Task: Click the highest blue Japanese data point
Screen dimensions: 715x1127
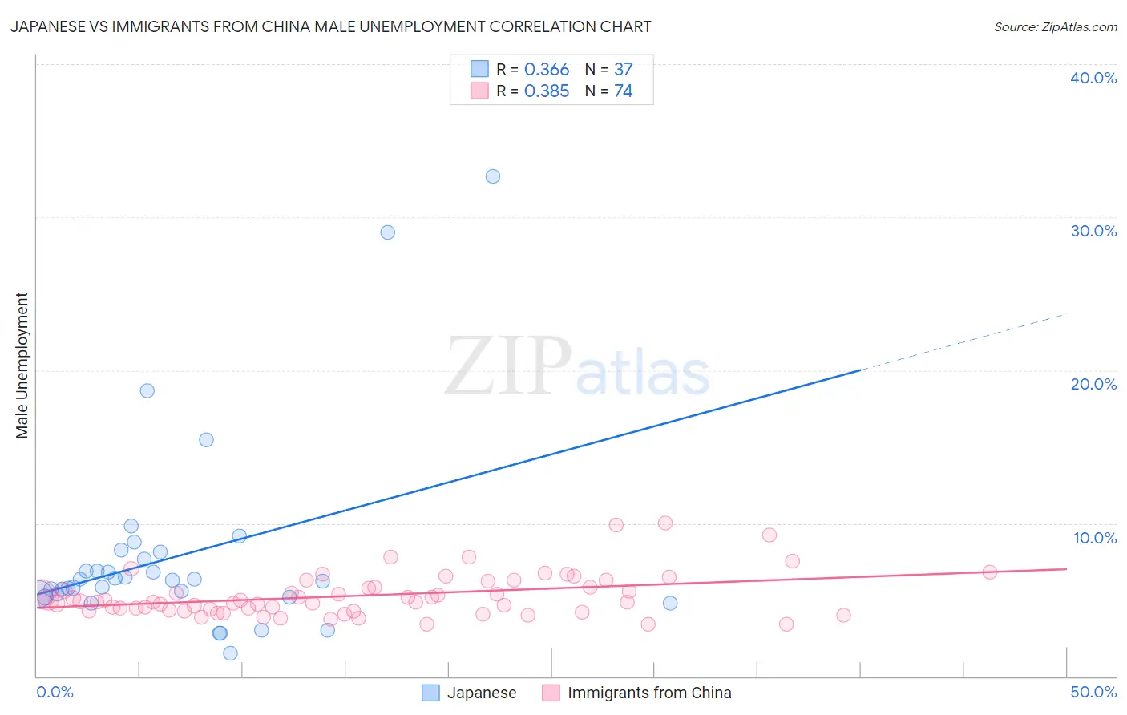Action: coord(493,176)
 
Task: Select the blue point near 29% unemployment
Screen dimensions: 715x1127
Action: coord(387,232)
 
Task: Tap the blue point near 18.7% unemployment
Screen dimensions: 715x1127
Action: coord(147,390)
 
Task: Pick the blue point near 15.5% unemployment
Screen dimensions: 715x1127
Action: coord(206,439)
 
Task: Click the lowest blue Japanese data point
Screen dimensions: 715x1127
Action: coord(230,653)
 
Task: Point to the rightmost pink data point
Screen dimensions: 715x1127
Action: coord(989,572)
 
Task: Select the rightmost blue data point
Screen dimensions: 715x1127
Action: coord(670,603)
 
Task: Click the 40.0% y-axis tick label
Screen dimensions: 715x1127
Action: coord(1093,78)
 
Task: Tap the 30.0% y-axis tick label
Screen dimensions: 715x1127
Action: coord(1093,231)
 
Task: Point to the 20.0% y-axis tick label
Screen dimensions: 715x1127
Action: coord(1093,384)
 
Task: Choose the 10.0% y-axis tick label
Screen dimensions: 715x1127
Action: coord(1094,538)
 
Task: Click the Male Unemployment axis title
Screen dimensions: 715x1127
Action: coord(22,366)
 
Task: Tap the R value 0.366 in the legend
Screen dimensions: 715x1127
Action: coord(547,70)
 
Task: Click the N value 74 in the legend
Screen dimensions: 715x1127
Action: coord(623,91)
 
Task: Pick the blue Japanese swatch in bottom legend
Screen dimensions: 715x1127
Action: coord(431,693)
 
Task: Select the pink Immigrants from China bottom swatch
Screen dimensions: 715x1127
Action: coord(551,693)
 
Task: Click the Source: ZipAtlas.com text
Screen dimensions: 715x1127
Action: coord(1055,27)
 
